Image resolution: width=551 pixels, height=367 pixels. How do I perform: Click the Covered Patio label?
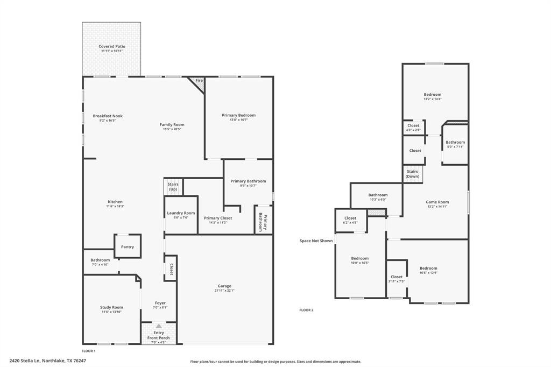(x=111, y=46)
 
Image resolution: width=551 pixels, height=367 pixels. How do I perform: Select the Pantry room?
(x=128, y=246)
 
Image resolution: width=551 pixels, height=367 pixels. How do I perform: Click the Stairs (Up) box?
(x=173, y=187)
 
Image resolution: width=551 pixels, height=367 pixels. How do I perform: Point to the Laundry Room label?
(x=181, y=213)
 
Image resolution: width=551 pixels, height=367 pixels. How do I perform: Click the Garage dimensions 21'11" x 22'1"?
(x=224, y=291)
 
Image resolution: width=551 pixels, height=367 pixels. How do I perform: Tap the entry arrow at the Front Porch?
(x=159, y=326)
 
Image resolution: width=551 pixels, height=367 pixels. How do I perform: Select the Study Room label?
(x=111, y=307)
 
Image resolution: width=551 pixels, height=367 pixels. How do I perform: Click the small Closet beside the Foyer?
(x=171, y=269)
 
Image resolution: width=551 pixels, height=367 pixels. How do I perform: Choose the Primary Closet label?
(x=218, y=218)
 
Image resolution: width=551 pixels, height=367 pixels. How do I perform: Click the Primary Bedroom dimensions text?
(x=239, y=119)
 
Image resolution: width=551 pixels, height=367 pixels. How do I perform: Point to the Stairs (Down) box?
(x=412, y=174)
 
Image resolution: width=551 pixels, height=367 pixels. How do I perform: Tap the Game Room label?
(x=437, y=202)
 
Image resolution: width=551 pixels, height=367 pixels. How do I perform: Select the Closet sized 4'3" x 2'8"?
(x=413, y=128)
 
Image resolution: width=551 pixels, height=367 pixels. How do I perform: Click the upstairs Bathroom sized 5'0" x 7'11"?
(x=455, y=144)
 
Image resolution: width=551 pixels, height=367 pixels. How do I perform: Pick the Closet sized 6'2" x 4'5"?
(x=350, y=220)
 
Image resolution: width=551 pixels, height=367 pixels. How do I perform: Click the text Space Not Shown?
(x=316, y=241)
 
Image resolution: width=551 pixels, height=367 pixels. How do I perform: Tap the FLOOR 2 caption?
(x=306, y=310)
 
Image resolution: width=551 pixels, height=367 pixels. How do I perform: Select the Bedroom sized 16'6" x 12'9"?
(x=428, y=270)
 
